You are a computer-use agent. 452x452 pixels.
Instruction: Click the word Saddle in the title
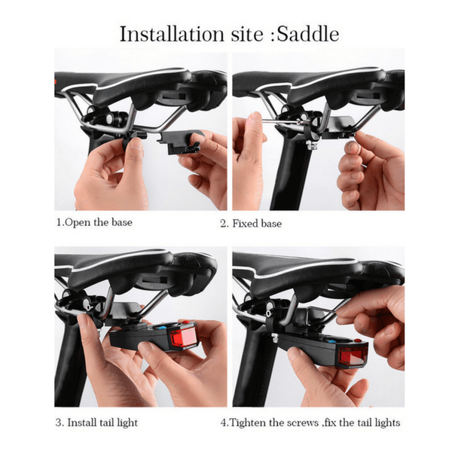[307, 34]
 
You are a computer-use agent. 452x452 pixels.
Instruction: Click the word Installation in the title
[172, 34]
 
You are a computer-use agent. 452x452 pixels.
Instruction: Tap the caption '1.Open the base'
[94, 222]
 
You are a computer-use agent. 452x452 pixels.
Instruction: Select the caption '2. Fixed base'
[251, 224]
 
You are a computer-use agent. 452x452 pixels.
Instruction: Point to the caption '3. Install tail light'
[96, 423]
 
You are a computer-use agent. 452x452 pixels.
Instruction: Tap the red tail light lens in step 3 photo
[183, 337]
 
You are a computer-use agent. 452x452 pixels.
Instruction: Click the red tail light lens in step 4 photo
[353, 357]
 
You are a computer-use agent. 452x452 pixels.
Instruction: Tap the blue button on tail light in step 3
[161, 328]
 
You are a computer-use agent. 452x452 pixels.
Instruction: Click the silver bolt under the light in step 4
[275, 337]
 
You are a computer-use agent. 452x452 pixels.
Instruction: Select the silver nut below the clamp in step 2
[312, 145]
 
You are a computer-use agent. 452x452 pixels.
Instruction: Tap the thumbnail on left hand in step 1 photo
[136, 144]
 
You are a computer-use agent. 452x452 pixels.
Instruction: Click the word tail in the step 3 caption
[107, 423]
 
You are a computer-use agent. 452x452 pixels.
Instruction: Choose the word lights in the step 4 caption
[387, 423]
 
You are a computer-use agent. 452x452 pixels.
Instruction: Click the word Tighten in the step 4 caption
[248, 423]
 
